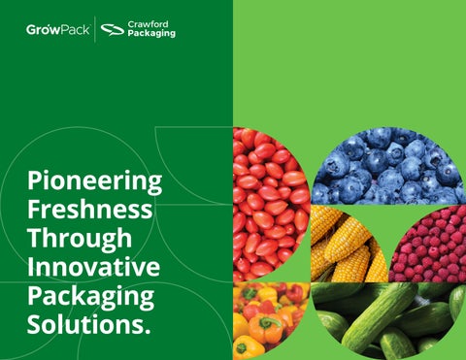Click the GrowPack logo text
[58, 30]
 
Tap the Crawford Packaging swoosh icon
[113, 30]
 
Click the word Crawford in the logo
[148, 24]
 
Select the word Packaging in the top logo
[151, 33]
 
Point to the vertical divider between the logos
[95, 29]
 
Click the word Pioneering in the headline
[94, 181]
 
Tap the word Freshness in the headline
[89, 210]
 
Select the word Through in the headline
[80, 239]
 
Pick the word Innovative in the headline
[93, 266]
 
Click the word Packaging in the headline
[90, 296]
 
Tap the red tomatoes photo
[270, 205]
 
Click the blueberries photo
[388, 166]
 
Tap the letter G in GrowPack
[31, 30]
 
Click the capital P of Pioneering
[34, 180]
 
